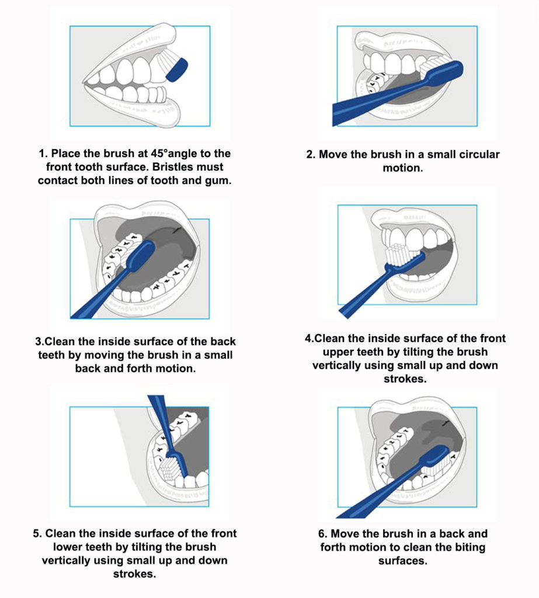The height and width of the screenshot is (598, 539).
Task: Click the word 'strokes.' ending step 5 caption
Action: pos(135,574)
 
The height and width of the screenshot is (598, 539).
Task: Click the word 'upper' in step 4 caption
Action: pos(341,352)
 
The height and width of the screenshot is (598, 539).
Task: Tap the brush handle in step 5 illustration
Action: pos(160,412)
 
